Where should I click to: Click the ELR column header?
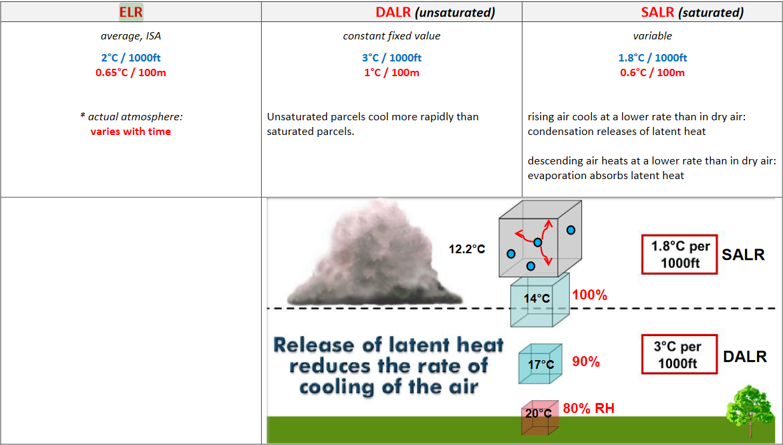131,12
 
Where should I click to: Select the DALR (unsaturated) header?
436,13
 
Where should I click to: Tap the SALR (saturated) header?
692,13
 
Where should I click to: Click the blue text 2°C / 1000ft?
131,57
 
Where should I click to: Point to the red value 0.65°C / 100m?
131,72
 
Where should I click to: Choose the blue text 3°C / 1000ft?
391,57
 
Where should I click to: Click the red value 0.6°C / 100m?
652,72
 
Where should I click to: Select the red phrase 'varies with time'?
131,132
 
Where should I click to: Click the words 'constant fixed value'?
391,36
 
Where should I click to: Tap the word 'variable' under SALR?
652,36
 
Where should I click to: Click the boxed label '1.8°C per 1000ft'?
679,255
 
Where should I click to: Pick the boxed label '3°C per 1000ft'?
679,354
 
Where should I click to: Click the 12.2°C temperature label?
467,249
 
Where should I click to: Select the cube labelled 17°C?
540,363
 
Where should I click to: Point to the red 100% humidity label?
590,295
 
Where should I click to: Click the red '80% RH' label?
589,408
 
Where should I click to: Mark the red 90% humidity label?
587,361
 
